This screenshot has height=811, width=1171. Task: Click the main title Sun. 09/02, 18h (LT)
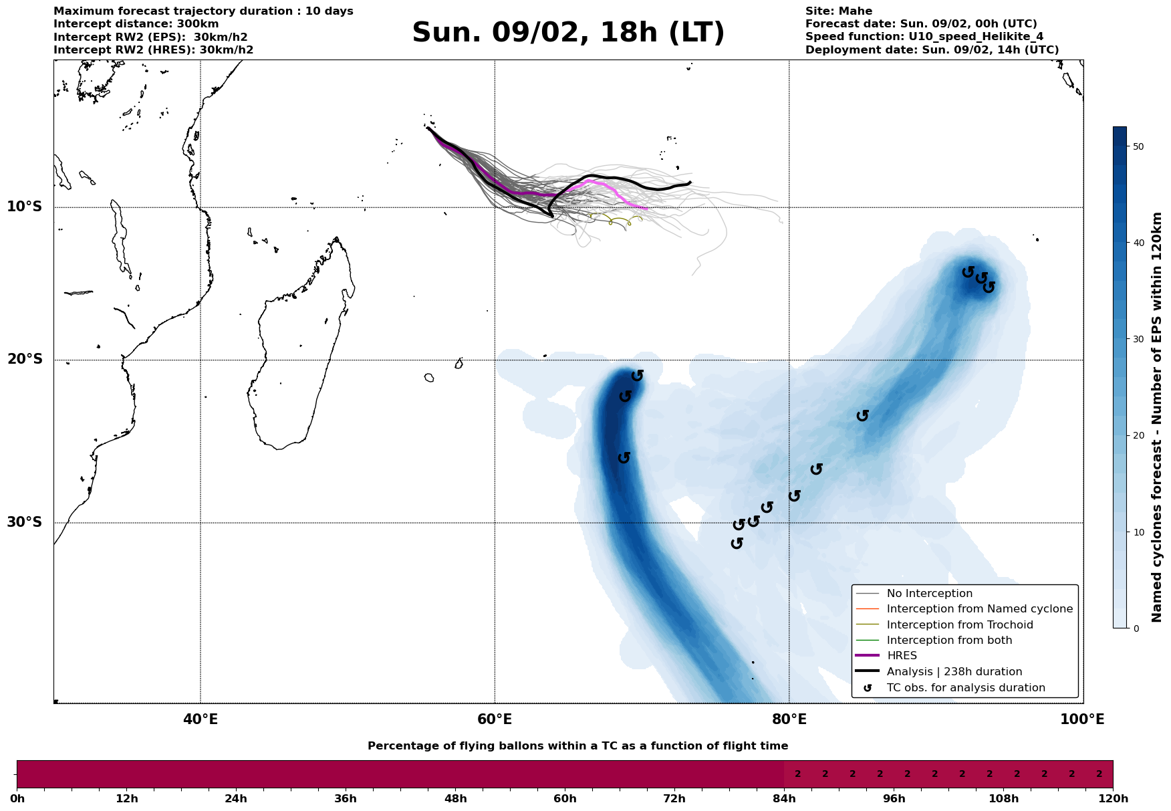tap(568, 33)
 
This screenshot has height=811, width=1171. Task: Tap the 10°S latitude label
tap(25, 207)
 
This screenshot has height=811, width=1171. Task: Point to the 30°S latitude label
tap(25, 522)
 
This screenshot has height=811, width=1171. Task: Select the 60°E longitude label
tap(495, 719)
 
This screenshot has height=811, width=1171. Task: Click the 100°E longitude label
tap(1082, 719)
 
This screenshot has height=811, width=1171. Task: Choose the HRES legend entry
tap(902, 656)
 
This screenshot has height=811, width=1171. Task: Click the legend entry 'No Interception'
tap(929, 594)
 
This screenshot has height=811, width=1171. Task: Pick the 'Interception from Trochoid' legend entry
tap(959, 625)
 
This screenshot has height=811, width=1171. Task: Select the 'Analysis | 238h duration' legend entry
tap(954, 672)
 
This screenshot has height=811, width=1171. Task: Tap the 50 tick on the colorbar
tap(1138, 146)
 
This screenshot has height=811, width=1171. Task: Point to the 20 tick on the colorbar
tap(1138, 436)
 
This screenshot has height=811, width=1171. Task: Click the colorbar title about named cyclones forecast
tap(1158, 417)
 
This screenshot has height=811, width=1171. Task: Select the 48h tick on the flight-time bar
tap(455, 799)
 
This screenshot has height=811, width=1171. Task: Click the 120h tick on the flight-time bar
tap(1112, 799)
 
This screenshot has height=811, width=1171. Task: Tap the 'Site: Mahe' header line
tap(838, 11)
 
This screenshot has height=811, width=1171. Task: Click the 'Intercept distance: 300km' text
tap(136, 24)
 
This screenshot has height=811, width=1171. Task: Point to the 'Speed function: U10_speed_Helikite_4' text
tap(924, 37)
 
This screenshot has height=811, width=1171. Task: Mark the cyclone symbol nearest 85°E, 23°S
tap(863, 415)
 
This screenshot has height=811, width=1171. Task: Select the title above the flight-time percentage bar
tap(577, 746)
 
